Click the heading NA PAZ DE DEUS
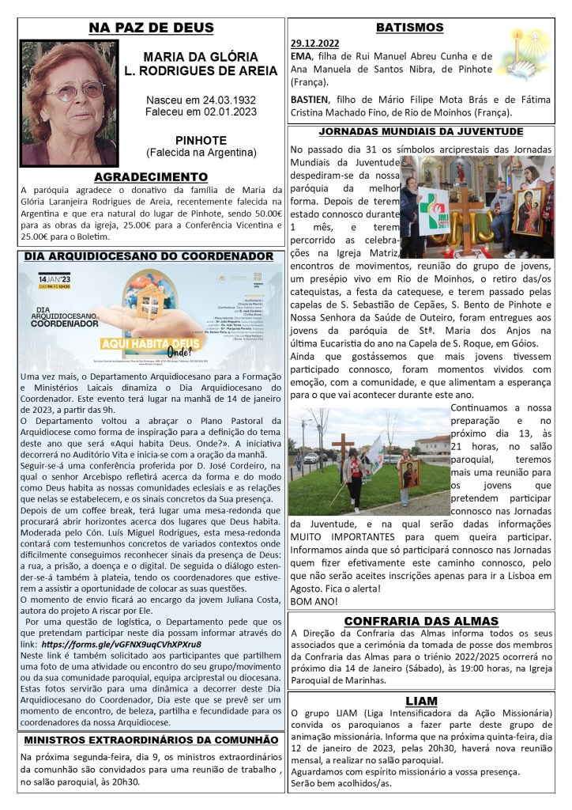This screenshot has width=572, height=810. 151,28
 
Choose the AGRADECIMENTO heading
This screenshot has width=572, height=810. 151,176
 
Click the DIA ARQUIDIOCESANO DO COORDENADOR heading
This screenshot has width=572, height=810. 149,256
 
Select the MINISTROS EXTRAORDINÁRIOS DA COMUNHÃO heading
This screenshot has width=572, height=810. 150,740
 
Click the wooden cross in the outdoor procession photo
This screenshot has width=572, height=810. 344,449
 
